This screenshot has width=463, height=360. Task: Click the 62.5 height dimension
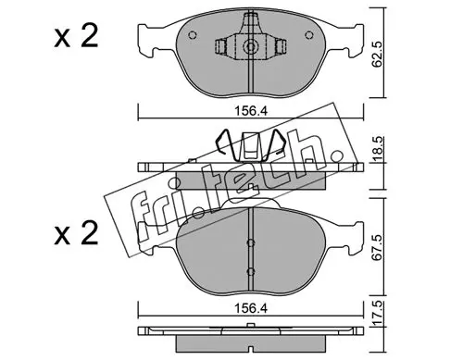click(x=378, y=55)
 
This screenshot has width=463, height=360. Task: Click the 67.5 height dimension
click(x=378, y=247)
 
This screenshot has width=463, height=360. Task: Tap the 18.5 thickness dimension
click(x=378, y=150)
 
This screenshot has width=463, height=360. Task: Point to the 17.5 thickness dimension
click(x=378, y=314)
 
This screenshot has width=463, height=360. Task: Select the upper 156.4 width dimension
click(x=251, y=111)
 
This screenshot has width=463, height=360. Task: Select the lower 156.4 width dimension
click(x=251, y=308)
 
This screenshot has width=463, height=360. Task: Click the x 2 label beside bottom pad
click(x=76, y=233)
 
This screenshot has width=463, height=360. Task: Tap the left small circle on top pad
click(x=193, y=35)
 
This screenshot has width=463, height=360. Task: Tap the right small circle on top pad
click(x=309, y=35)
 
